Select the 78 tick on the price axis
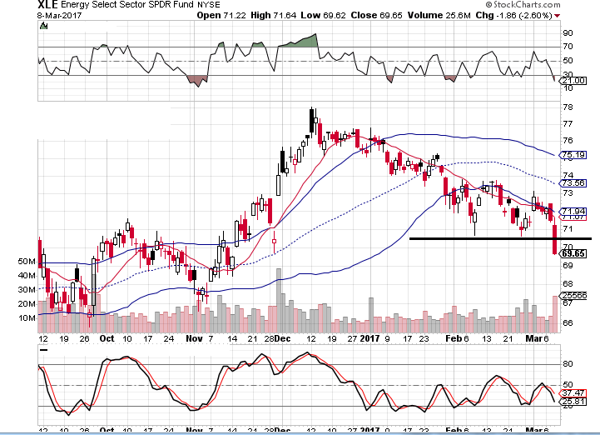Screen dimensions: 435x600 568,107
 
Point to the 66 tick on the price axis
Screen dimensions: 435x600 568,323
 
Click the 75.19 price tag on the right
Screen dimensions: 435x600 573,155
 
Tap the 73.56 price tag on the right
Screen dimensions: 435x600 573,182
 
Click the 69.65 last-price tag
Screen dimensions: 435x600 573,253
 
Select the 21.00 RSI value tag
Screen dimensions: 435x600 575,80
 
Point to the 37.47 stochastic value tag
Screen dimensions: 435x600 575,392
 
